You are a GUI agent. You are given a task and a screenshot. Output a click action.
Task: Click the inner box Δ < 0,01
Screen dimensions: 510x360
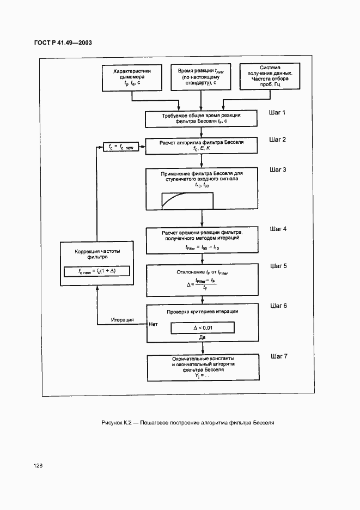[202, 327]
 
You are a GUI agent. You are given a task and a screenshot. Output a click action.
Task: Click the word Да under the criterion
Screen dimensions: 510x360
[202, 338]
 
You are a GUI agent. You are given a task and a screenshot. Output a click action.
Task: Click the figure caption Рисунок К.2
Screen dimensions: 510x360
[187, 422]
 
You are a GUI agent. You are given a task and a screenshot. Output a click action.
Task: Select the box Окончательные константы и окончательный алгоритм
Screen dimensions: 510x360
[202, 367]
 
